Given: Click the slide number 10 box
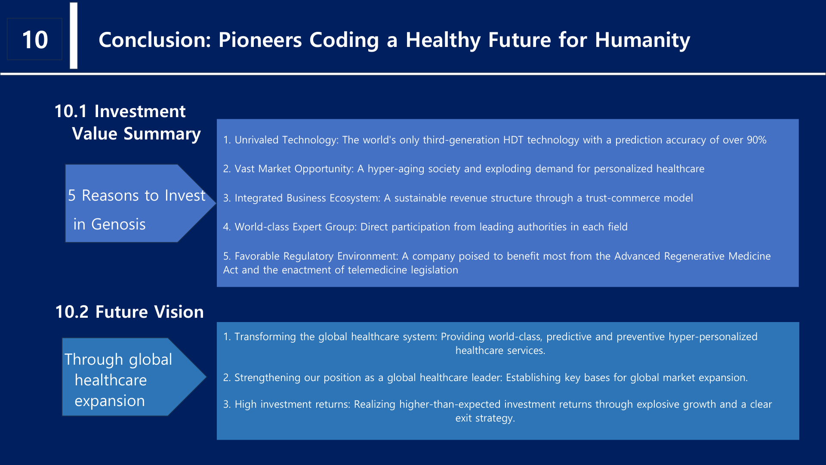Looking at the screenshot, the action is (x=35, y=39).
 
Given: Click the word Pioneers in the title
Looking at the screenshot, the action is (x=260, y=40).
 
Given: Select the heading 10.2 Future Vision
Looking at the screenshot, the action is (x=129, y=312).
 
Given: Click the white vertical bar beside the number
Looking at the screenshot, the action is (x=74, y=35).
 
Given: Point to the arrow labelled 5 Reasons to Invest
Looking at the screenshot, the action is (x=140, y=203).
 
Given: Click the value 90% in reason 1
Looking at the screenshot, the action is (x=756, y=140).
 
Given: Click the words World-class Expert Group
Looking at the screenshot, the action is (x=296, y=227).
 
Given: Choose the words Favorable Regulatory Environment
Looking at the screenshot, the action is (x=316, y=256).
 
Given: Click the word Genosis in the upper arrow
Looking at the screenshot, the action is (x=118, y=224).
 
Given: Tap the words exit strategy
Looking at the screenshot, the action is (x=485, y=418).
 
